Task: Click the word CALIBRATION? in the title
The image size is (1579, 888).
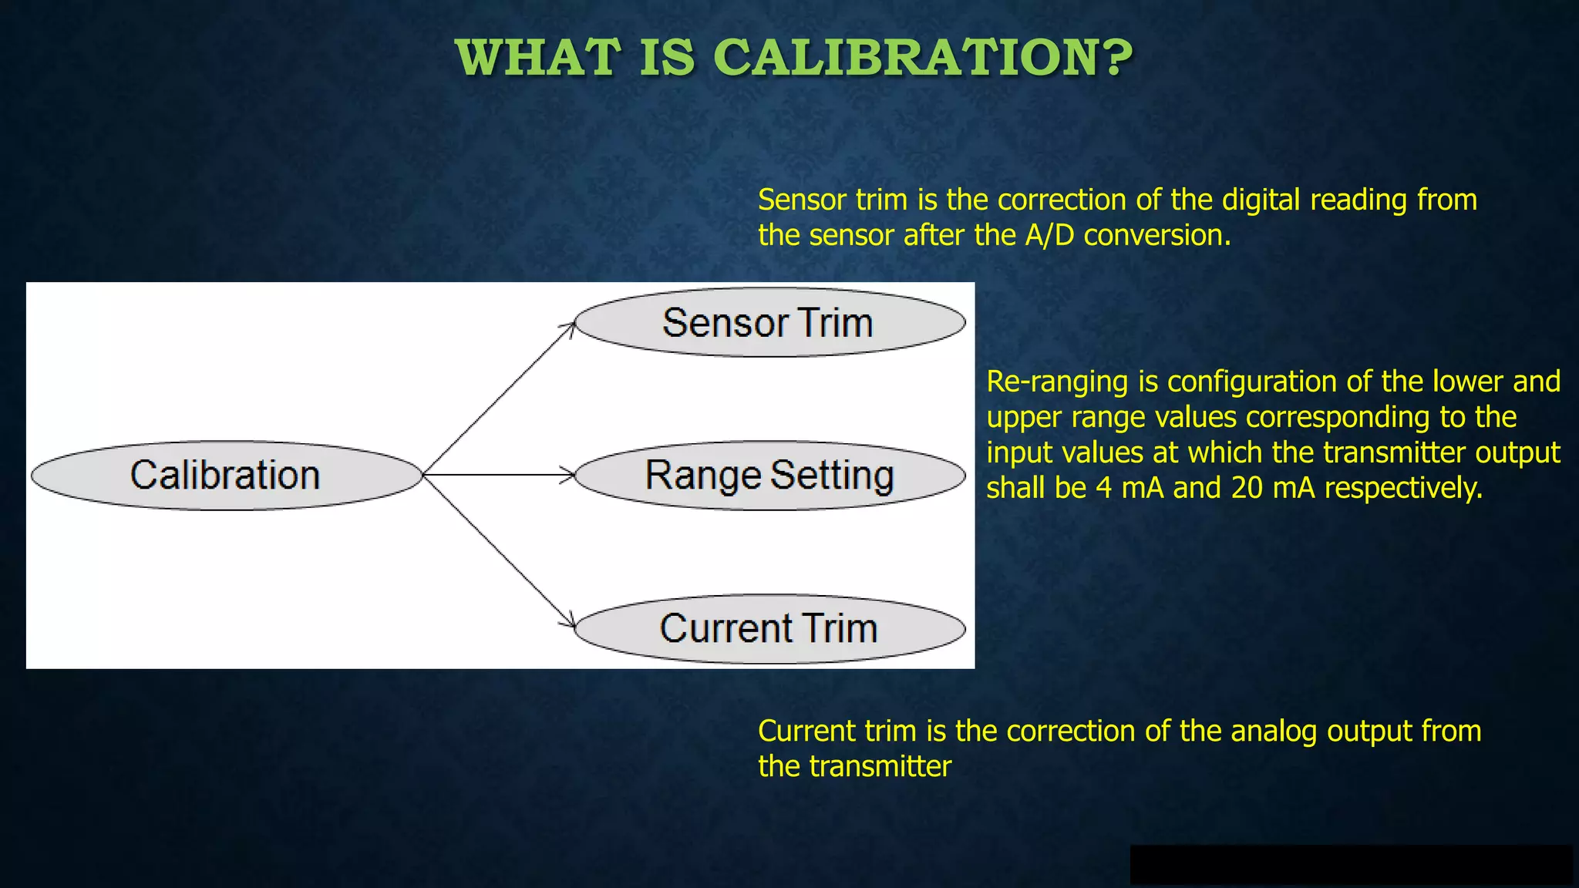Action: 923,58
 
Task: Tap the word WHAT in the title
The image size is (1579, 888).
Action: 537,58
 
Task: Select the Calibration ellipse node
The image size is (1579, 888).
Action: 226,475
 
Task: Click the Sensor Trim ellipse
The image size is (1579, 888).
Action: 769,322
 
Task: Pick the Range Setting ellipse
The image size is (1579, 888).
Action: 769,475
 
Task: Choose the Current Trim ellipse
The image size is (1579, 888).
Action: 769,628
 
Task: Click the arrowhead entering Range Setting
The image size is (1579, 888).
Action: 569,475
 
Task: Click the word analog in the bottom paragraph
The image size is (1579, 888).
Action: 1274,732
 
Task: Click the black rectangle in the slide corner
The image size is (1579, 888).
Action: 1351,864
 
